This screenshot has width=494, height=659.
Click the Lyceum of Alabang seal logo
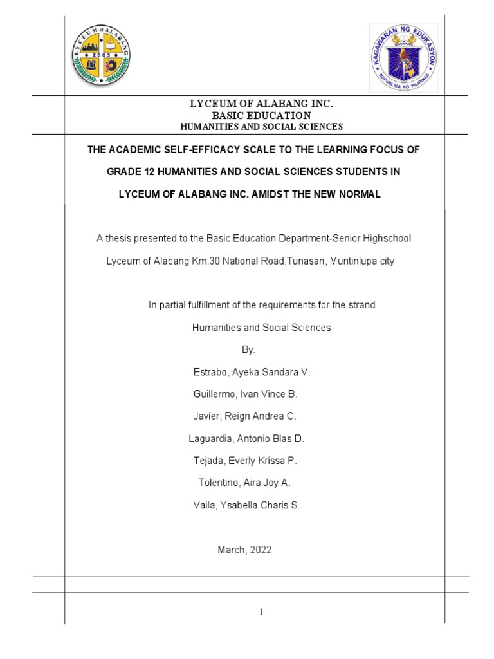[102, 57]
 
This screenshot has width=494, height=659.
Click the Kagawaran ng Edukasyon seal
[404, 57]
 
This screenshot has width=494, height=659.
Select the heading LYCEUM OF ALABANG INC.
[261, 104]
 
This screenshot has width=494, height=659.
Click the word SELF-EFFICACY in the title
[185, 150]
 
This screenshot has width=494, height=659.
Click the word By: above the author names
[248, 349]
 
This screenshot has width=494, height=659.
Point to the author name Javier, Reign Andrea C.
[245, 416]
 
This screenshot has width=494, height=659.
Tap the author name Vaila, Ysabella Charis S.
[247, 505]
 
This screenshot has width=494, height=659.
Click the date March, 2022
[245, 550]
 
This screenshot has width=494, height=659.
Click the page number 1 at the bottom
[262, 612]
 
